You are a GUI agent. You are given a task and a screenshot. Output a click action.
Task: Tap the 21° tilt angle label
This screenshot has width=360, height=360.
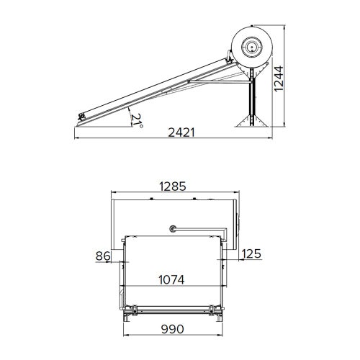[x=135, y=120]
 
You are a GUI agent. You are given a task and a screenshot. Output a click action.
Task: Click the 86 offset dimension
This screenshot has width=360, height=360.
[x=102, y=254]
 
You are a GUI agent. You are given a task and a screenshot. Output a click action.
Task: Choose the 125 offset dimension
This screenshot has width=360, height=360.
[x=251, y=254]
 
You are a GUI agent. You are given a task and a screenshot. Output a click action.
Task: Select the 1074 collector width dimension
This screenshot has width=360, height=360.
[x=172, y=279]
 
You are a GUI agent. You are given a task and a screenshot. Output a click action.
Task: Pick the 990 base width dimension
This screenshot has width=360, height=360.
[x=171, y=328]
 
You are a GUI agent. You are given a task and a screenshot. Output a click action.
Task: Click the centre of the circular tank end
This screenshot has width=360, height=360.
[x=252, y=48]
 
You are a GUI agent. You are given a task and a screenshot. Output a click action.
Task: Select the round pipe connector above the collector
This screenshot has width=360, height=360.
[x=173, y=230]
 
